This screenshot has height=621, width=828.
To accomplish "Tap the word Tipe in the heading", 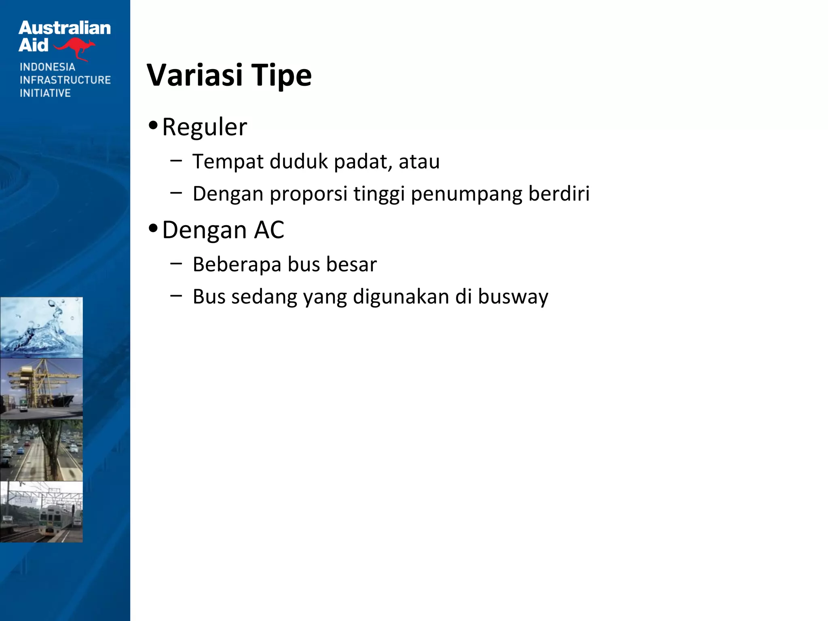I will pos(281,76).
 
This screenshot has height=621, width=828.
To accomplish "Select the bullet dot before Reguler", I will pos(153,125).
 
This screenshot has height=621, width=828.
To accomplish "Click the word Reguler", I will pos(204,127).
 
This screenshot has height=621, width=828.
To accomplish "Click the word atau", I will pos(419,162).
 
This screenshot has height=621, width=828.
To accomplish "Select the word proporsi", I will pos(308,194).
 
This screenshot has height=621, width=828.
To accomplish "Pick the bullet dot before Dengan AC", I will pos(153,228).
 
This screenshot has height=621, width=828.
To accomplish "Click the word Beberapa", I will pos(237,264).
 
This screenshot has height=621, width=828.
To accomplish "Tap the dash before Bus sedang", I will pos(176,296).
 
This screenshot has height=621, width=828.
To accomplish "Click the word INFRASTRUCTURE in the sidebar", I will pos(65,80).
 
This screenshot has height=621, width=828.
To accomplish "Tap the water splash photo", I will pos(41,327).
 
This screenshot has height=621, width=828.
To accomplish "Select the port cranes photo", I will pos(41,388).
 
